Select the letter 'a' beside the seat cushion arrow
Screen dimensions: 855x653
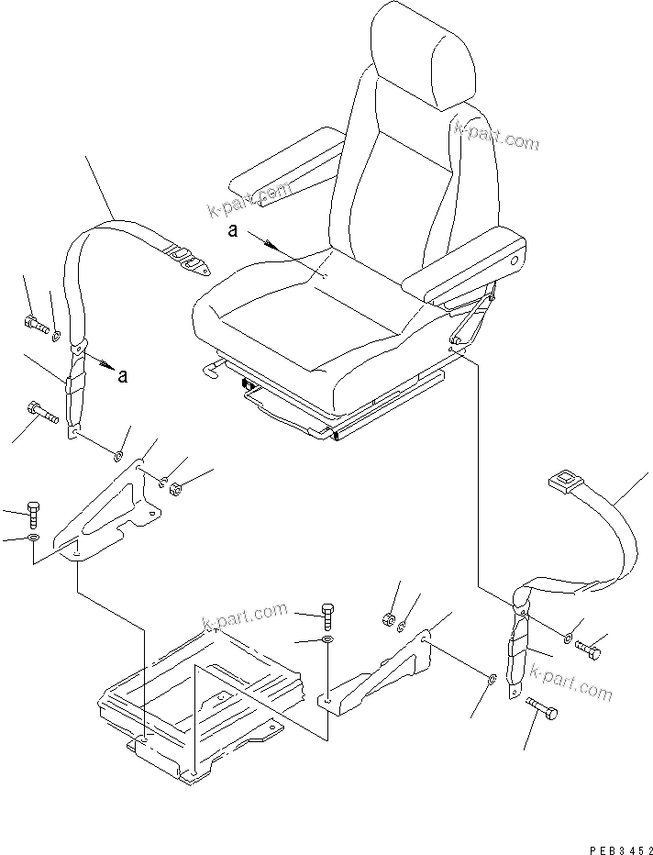233,232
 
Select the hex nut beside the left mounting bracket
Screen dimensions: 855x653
178,487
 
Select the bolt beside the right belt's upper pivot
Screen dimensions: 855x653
589,649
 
